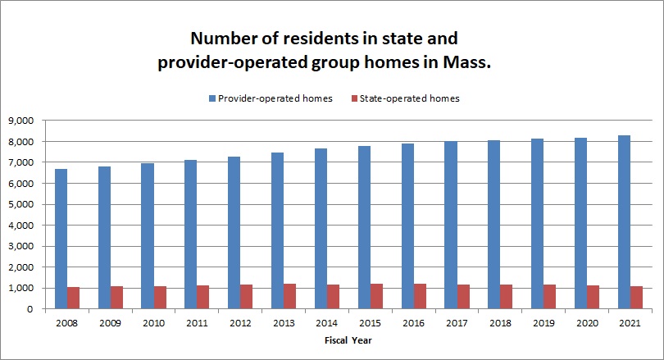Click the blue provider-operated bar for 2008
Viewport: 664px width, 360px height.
pos(61,239)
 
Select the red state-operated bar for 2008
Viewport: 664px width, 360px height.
pos(73,298)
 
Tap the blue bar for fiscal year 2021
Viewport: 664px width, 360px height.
pos(624,222)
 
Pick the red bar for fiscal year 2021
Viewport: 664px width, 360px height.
pos(635,298)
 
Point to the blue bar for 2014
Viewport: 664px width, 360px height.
pos(321,229)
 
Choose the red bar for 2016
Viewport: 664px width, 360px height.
pos(419,297)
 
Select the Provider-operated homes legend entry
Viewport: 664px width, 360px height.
pos(270,98)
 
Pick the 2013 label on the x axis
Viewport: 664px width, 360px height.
pos(284,323)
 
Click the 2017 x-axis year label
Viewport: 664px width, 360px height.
pos(457,323)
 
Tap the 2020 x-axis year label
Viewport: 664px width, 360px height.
pos(586,323)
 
